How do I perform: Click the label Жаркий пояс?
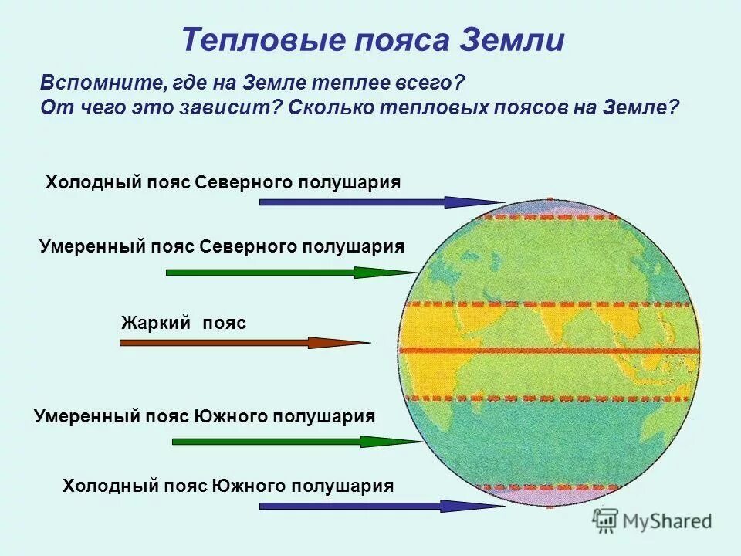pos(184,323)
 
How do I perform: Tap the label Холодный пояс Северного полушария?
pos(223,182)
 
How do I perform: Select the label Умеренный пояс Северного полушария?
pos(222,246)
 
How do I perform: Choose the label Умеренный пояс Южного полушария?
pos(205,416)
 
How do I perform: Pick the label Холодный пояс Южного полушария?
pos(228,486)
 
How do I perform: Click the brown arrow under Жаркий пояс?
pos(244,343)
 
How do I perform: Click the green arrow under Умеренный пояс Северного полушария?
pos(289,273)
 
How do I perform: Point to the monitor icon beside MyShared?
pos(607,520)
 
